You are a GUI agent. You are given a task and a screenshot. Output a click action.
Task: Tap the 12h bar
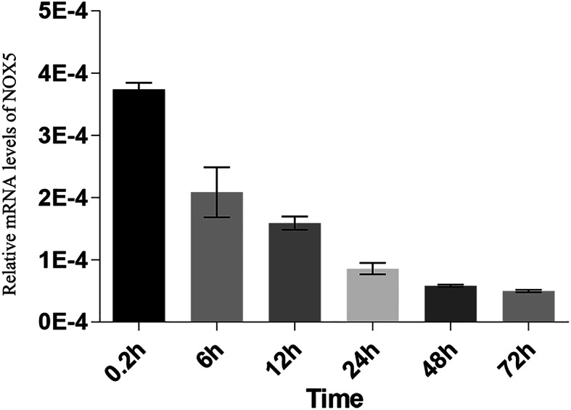tap(295, 272)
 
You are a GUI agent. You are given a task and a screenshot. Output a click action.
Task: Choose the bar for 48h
tap(450, 304)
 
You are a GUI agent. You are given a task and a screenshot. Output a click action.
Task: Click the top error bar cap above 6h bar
tap(217, 167)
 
